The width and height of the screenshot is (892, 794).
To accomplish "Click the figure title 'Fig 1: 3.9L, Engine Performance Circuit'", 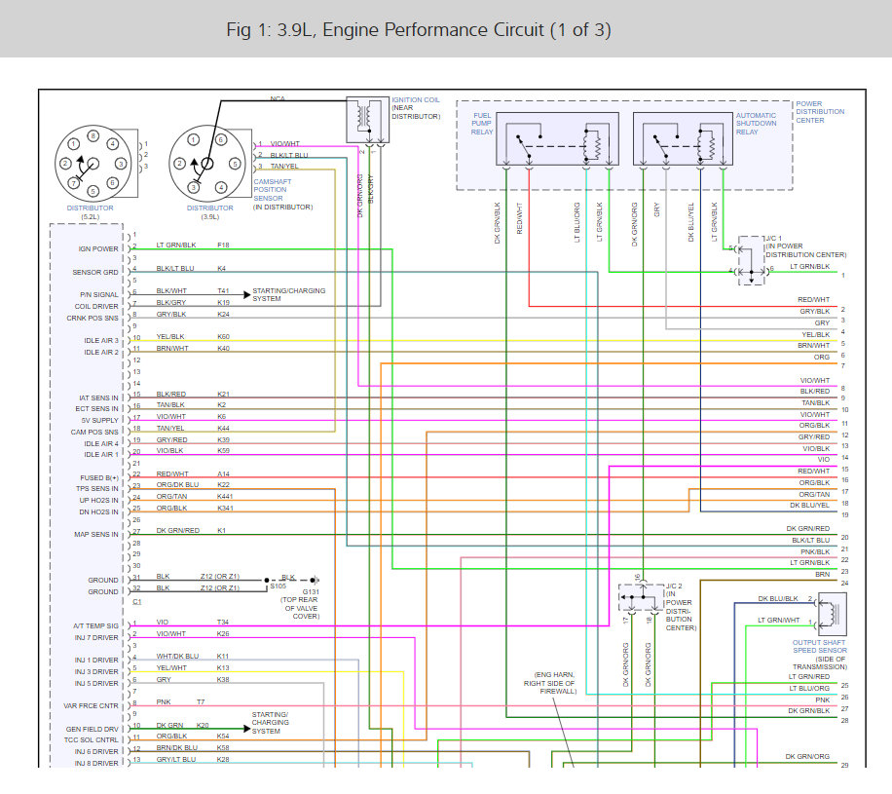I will tap(418, 30).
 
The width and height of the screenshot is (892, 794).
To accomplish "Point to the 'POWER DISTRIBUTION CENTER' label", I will tap(820, 112).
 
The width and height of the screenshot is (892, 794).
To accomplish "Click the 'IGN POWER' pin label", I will tap(99, 248).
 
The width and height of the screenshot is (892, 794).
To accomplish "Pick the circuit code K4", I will tap(222, 268).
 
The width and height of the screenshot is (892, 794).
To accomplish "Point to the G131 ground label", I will tap(310, 590).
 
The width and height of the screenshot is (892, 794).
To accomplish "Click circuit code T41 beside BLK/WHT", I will tap(223, 291).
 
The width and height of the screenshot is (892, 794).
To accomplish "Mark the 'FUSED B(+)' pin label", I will tap(100, 477).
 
